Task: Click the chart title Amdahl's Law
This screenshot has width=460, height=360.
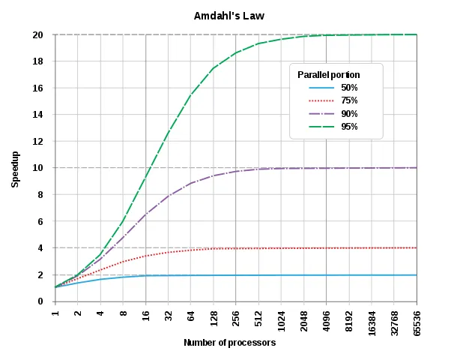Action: [x=229, y=16]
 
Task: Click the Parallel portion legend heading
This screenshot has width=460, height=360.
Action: [x=329, y=75]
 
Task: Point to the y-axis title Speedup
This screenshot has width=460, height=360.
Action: [x=15, y=168]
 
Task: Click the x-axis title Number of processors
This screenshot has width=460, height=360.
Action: [x=230, y=343]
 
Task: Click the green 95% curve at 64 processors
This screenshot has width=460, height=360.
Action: [x=191, y=95]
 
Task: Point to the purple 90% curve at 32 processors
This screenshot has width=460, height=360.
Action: [x=169, y=196]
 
